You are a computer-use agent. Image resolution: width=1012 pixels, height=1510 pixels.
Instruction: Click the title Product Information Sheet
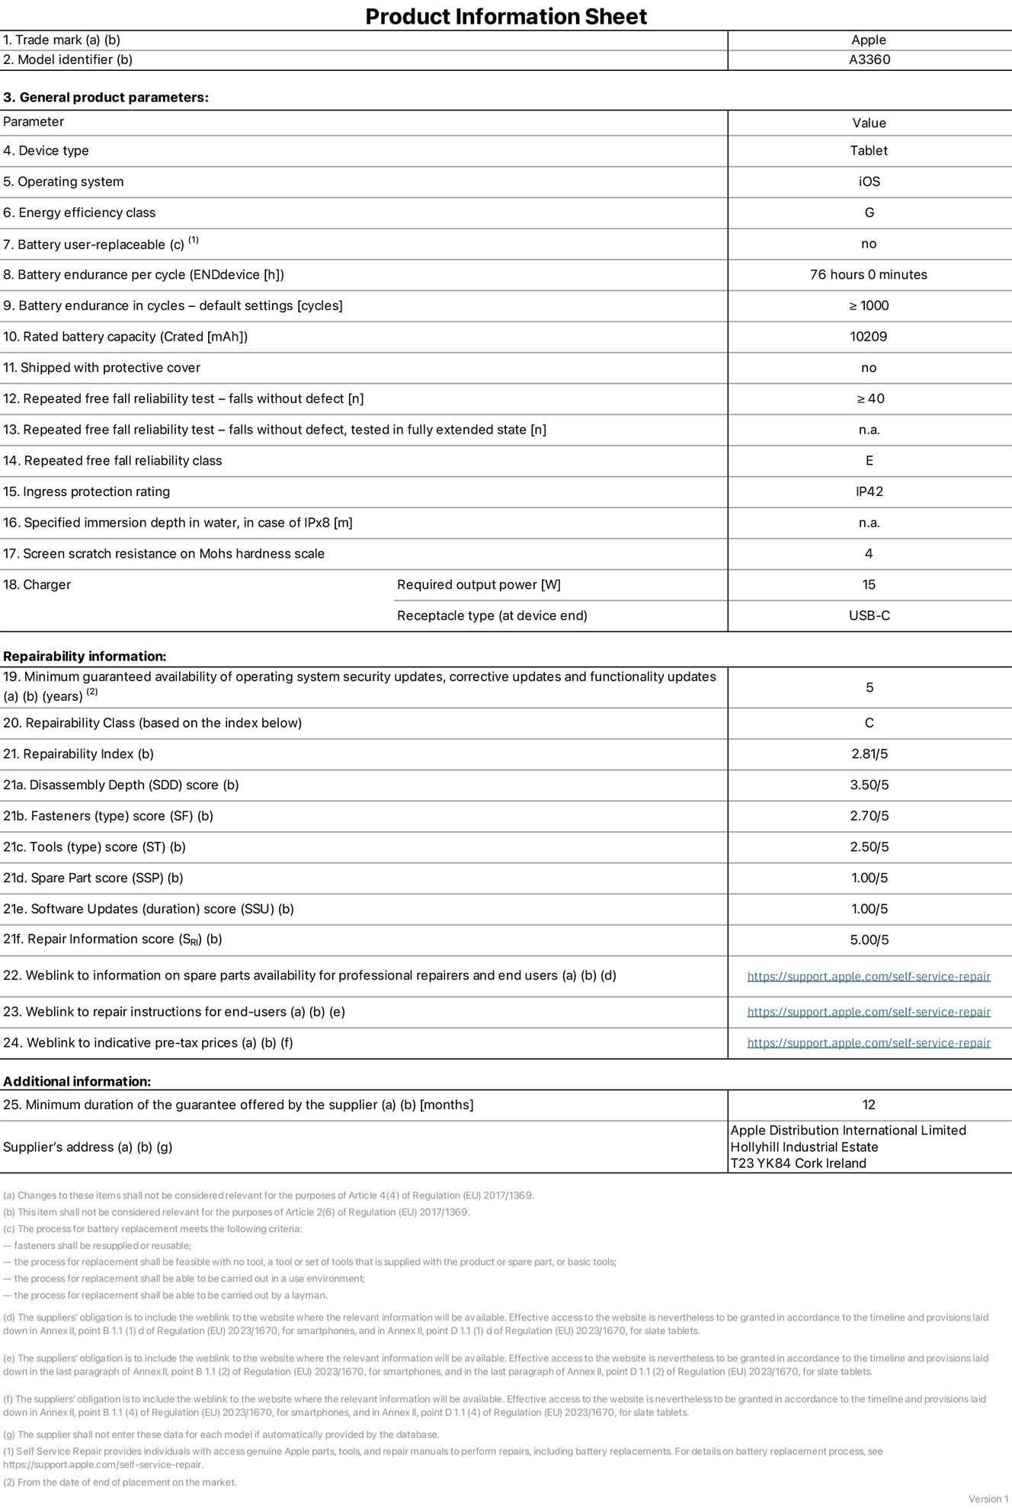506,16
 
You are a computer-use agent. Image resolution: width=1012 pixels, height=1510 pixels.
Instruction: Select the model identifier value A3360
869,59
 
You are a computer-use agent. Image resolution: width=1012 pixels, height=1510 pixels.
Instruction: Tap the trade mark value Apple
869,40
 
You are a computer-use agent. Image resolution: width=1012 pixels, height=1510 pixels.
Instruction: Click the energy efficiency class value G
869,213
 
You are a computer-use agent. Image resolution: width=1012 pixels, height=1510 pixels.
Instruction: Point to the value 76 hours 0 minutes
869,274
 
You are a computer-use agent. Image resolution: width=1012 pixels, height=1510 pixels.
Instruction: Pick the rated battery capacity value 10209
869,336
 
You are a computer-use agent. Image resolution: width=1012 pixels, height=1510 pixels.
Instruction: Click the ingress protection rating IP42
869,491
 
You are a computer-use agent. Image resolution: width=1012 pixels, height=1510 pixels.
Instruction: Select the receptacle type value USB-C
869,616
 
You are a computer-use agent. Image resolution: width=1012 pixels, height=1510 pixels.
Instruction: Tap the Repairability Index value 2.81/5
869,754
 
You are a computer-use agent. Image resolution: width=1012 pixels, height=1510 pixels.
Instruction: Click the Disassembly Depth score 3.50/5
869,785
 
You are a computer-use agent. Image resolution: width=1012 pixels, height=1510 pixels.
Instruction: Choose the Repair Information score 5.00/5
869,940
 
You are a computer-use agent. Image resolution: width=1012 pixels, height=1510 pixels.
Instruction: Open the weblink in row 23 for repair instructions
869,1012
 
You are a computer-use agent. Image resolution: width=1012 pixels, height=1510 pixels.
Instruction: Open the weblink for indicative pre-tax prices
869,1043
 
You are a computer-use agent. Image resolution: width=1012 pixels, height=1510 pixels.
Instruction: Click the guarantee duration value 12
869,1105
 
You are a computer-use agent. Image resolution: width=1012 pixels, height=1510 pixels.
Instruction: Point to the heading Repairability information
85,656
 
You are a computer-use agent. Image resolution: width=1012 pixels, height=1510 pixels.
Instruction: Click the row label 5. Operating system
63,181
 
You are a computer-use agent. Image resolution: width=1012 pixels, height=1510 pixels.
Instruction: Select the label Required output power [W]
479,584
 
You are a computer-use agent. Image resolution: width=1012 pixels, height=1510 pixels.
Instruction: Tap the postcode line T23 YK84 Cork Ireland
798,1163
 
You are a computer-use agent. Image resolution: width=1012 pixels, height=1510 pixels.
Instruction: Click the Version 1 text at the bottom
988,1499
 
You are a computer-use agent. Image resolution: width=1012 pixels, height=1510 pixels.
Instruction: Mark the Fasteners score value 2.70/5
869,816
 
